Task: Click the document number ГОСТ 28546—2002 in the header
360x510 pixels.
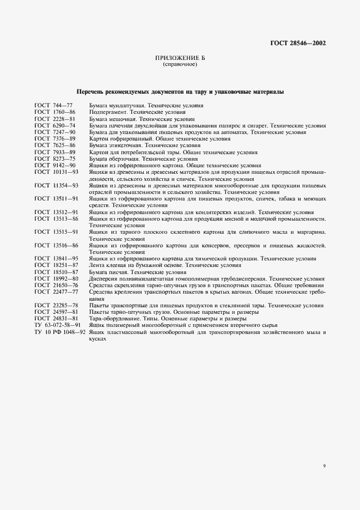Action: click(298, 44)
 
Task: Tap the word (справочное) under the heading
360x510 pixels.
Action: click(180, 64)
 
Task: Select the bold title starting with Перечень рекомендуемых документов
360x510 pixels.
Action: click(180, 92)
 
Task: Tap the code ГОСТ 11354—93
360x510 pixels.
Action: click(57, 185)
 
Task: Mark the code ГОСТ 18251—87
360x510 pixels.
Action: click(57, 265)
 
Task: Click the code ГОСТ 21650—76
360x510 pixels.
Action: click(57, 285)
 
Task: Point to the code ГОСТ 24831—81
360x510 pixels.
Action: click(57, 318)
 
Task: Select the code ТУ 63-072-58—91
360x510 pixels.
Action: click(57, 324)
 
